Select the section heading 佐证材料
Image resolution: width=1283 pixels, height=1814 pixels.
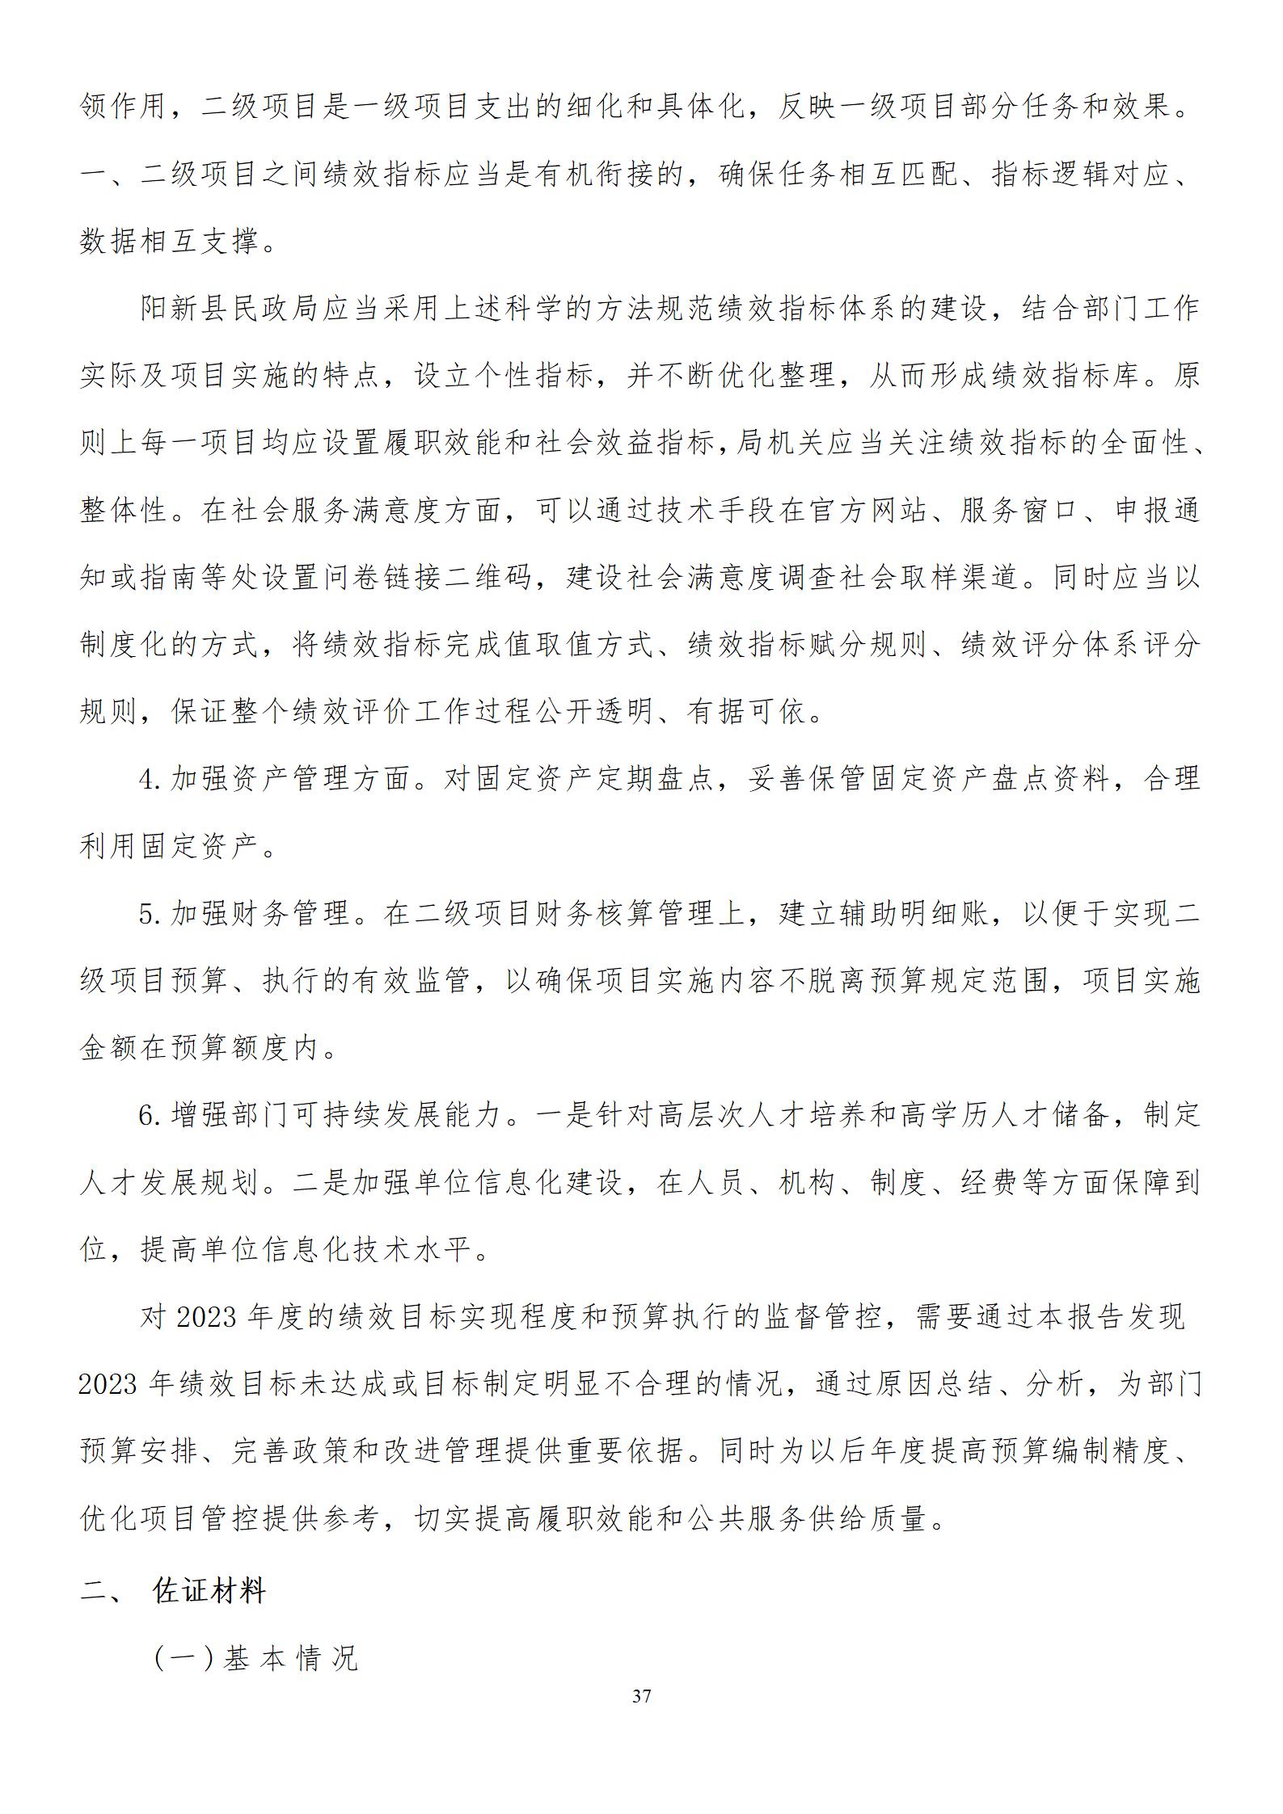pyautogui.click(x=209, y=1592)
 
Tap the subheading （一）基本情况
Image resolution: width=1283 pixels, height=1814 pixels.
pyautogui.click(x=255, y=1659)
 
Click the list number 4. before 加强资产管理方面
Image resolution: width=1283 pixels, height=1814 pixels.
pyautogui.click(x=151, y=779)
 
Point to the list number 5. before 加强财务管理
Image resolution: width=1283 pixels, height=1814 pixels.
pyautogui.click(x=151, y=914)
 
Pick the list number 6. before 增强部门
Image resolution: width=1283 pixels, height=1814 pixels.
pyautogui.click(x=151, y=1116)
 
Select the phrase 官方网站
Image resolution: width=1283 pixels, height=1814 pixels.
pyautogui.click(x=867, y=511)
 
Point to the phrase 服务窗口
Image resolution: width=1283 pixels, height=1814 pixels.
pyautogui.click(x=1019, y=511)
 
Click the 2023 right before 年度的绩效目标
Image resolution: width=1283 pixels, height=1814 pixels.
pyautogui.click(x=205, y=1318)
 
